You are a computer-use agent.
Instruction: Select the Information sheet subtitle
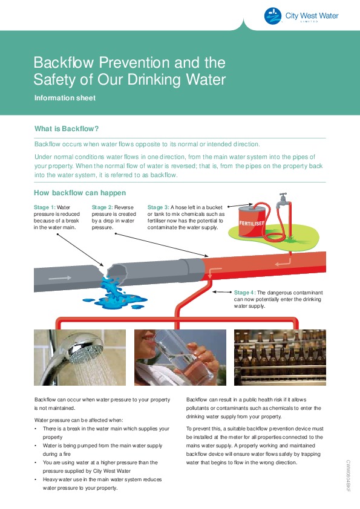65,98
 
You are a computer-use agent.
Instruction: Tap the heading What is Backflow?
67,129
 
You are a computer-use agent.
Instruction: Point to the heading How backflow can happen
80,193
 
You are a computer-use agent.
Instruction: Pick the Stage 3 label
159,207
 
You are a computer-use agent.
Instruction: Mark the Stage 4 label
245,293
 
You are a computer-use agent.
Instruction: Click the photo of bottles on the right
280,357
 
